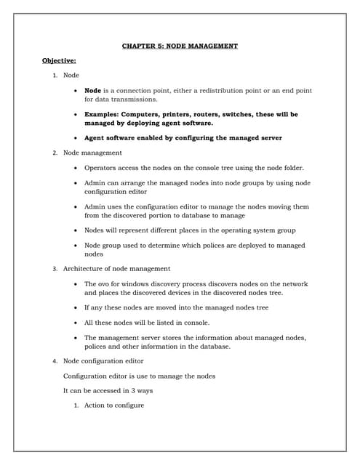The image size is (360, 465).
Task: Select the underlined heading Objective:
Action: click(59, 60)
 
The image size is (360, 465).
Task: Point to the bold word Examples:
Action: click(103, 114)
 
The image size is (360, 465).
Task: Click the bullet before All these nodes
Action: click(76, 322)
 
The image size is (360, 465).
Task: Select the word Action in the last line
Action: click(95, 405)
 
